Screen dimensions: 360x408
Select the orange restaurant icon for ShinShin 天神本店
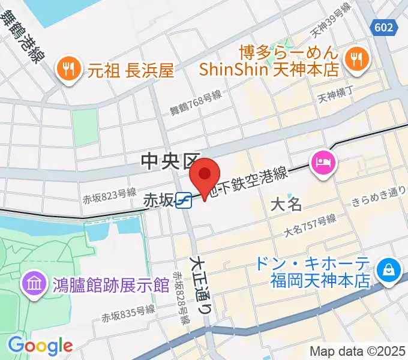[x=358, y=58]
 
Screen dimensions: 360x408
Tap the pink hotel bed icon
[x=323, y=161]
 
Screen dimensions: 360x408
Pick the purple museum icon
[x=34, y=283]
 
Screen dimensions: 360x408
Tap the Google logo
[x=40, y=345]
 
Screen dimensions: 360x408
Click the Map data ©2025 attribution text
[x=358, y=351]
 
